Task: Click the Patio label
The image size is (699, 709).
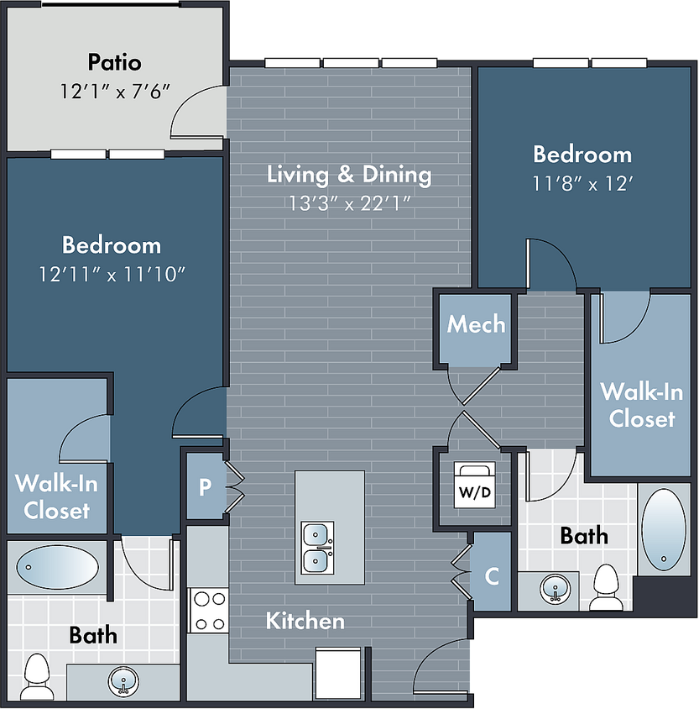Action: coord(114,62)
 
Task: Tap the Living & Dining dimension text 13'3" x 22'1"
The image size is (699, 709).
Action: coord(349,203)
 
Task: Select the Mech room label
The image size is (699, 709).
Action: coord(476,324)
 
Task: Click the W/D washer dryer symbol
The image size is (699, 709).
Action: coord(475,485)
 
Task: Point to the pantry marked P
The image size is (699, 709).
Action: coord(205,486)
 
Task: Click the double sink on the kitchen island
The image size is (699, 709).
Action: coord(317,548)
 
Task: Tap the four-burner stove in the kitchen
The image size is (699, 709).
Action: coord(208,611)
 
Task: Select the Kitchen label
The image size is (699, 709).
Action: coord(305,621)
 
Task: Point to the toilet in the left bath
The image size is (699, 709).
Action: coord(37,676)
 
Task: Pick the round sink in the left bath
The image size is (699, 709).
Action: coord(123,680)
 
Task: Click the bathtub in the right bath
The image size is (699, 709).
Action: coord(663,529)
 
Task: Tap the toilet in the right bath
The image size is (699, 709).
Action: coord(606,587)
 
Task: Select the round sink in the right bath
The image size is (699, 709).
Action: coord(555,589)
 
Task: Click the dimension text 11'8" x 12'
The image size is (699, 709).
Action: coord(582,184)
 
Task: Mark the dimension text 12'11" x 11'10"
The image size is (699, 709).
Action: coord(112,274)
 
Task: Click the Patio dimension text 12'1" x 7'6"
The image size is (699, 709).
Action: coord(115,92)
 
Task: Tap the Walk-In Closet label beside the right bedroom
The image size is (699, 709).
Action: coord(641,405)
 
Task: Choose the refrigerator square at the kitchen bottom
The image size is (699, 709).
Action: coord(338,673)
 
